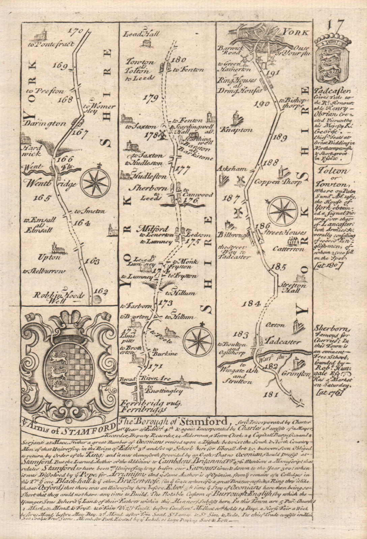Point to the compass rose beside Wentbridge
95,182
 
